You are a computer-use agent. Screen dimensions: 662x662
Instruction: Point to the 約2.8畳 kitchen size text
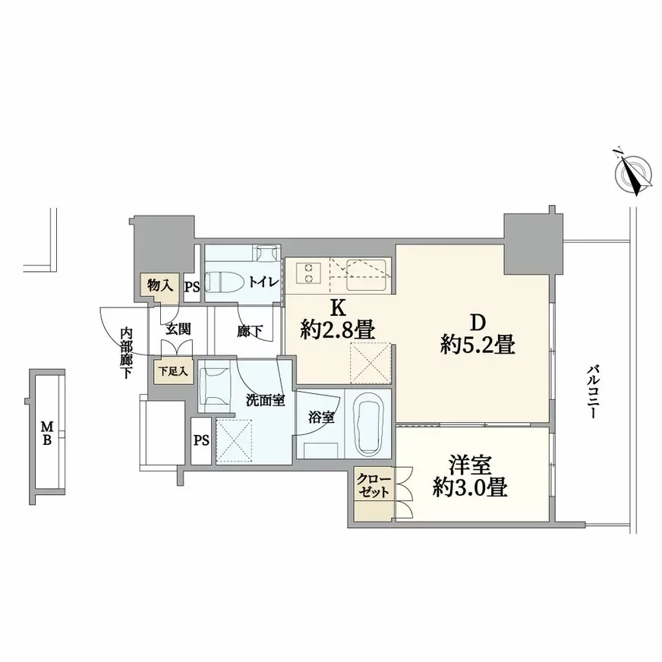[336, 329]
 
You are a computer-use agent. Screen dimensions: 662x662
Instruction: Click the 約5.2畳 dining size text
[478, 345]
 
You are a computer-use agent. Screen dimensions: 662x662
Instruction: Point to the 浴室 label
[320, 417]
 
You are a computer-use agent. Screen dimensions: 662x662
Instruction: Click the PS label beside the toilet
[192, 287]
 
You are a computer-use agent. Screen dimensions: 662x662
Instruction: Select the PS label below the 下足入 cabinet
[200, 440]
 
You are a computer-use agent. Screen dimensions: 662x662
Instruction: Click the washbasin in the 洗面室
[216, 382]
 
